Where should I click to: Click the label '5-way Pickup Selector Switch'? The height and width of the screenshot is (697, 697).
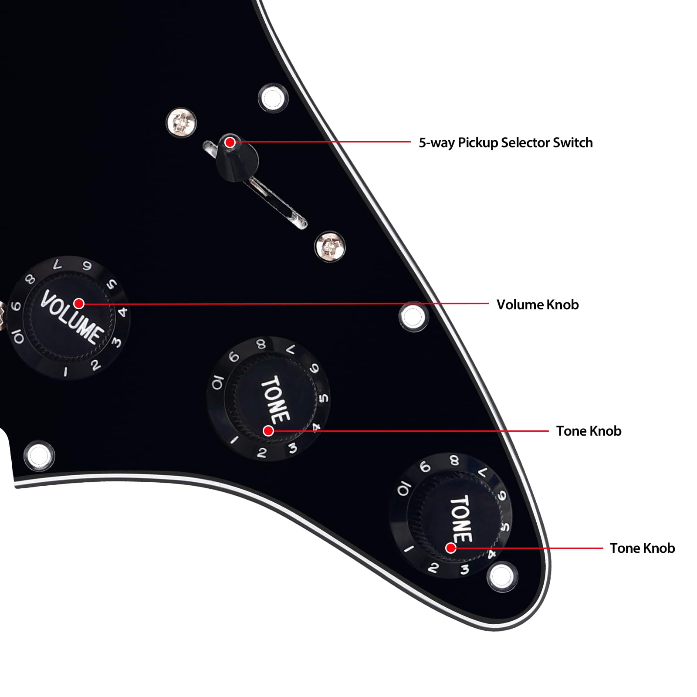[505, 143]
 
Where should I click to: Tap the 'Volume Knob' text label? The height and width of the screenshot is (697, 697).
[538, 305]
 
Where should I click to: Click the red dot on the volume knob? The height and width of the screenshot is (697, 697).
[79, 303]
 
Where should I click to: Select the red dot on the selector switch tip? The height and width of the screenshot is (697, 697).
[230, 142]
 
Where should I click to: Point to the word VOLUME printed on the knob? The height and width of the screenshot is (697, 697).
[72, 317]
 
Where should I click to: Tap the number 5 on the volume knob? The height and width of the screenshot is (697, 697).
[112, 284]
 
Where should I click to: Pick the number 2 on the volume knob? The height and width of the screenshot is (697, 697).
[95, 365]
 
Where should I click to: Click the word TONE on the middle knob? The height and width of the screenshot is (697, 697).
[275, 399]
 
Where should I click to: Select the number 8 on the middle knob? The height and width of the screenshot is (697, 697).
[261, 344]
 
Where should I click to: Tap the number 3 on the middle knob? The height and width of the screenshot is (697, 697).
[293, 448]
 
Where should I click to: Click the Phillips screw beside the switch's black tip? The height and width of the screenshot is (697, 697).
[181, 122]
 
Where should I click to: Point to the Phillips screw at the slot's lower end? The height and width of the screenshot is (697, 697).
[330, 247]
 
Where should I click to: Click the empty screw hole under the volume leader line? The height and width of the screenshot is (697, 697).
[413, 317]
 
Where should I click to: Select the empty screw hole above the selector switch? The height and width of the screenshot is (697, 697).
[273, 98]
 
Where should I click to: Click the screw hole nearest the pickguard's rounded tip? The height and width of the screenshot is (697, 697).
[502, 577]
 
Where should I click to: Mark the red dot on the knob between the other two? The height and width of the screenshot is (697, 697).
[268, 431]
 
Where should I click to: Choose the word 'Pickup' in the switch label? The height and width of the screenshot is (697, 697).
[477, 143]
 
